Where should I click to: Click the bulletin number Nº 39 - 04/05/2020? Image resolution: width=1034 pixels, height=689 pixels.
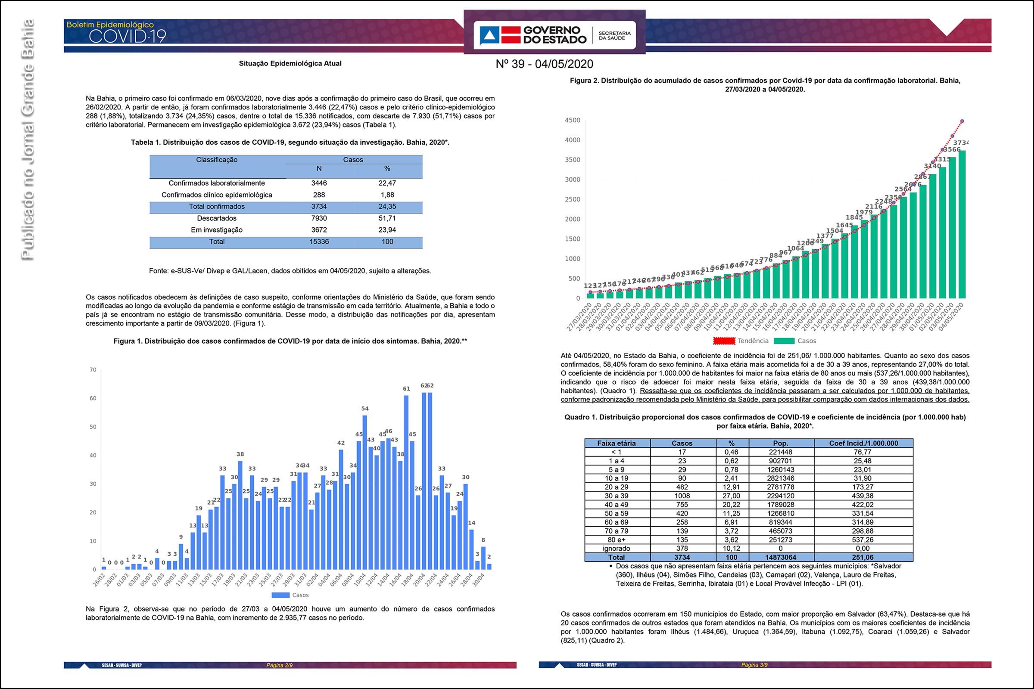[x=544, y=64]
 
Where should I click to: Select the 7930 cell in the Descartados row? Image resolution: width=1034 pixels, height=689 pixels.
[x=319, y=218]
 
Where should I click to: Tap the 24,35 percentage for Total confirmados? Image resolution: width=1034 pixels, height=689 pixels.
[x=387, y=207]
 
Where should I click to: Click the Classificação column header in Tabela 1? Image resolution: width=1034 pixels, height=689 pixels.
[x=217, y=160]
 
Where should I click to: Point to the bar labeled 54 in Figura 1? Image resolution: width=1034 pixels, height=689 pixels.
[x=365, y=492]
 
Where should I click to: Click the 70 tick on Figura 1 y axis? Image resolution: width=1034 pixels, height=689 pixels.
[x=93, y=370]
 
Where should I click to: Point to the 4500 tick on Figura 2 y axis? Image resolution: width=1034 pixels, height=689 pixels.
[x=573, y=121]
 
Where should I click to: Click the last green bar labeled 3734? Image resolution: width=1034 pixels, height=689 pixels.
[x=962, y=224]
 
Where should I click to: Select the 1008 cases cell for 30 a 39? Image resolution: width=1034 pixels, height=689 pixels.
[x=682, y=496]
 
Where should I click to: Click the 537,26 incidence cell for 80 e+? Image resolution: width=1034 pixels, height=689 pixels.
[x=863, y=540]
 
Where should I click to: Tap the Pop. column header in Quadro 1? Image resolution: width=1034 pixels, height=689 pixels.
[x=780, y=444]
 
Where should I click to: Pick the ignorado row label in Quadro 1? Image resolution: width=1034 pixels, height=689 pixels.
[x=617, y=548]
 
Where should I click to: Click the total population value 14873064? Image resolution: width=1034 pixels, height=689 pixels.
[x=780, y=557]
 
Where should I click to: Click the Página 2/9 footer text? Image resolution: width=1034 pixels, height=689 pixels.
[x=279, y=665]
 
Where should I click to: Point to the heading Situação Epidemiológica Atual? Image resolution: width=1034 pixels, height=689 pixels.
[x=290, y=63]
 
